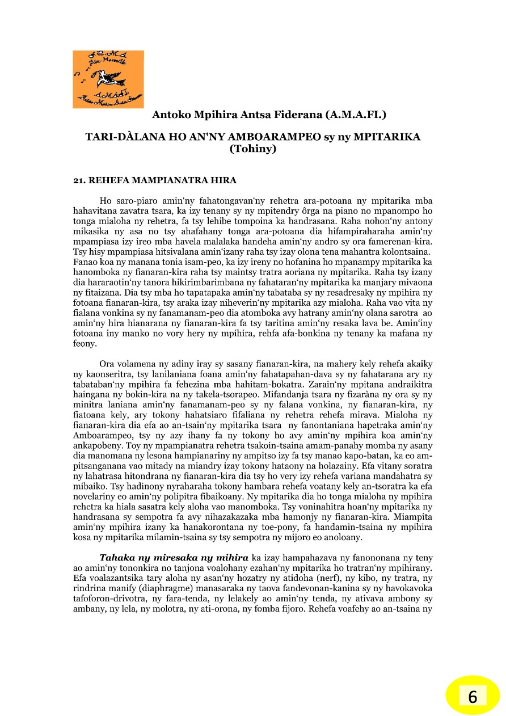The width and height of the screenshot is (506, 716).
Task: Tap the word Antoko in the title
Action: pos(169,115)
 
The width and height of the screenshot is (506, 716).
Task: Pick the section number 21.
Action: pos(79,180)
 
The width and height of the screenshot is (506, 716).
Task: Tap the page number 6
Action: pos(473,696)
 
